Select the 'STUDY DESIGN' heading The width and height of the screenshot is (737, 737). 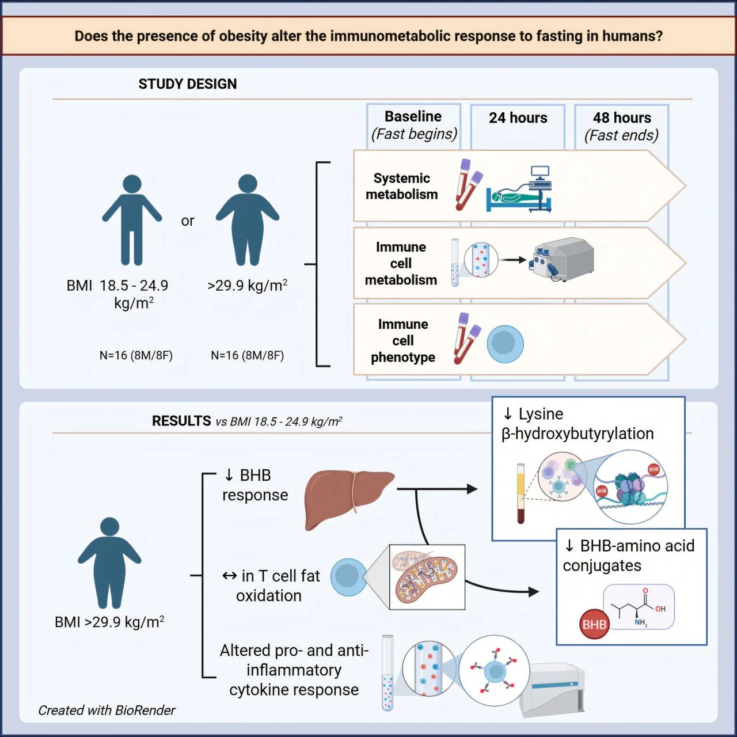click(187, 84)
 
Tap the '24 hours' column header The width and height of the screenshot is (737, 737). click(518, 118)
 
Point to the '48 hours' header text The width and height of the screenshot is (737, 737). click(622, 118)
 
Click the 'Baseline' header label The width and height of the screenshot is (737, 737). click(413, 116)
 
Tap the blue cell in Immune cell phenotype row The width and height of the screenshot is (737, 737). click(505, 344)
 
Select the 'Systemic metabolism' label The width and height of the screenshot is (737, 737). click(402, 187)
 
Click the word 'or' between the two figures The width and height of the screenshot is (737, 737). click(188, 221)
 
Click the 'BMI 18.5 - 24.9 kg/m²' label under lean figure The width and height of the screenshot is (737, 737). click(117, 294)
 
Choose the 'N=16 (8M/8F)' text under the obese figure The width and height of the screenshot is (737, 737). click(247, 355)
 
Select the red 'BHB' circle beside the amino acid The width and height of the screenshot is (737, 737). click(594, 625)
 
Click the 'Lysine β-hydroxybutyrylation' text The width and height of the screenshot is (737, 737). click(578, 424)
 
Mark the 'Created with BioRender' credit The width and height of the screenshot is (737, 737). click(107, 711)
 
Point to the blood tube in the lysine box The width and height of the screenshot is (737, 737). click(521, 493)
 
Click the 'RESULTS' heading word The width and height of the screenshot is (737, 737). click(181, 421)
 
